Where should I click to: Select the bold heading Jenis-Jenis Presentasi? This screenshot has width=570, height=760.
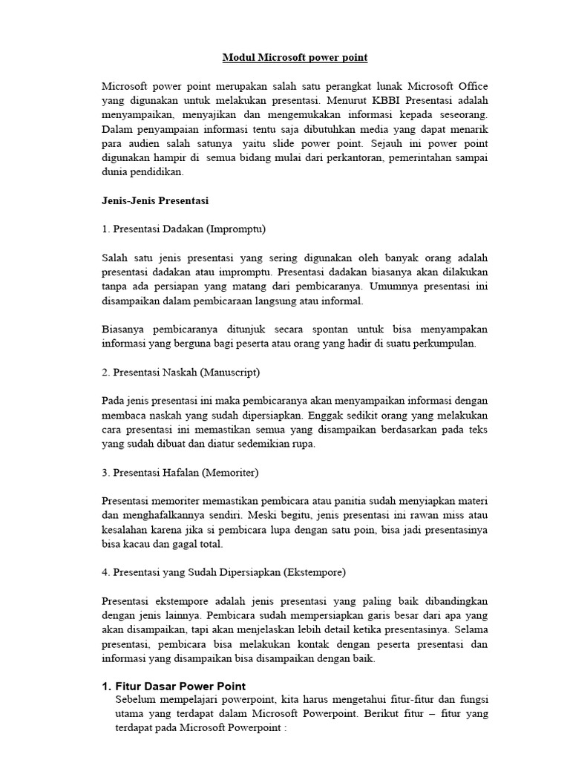pyautogui.click(x=155, y=200)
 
